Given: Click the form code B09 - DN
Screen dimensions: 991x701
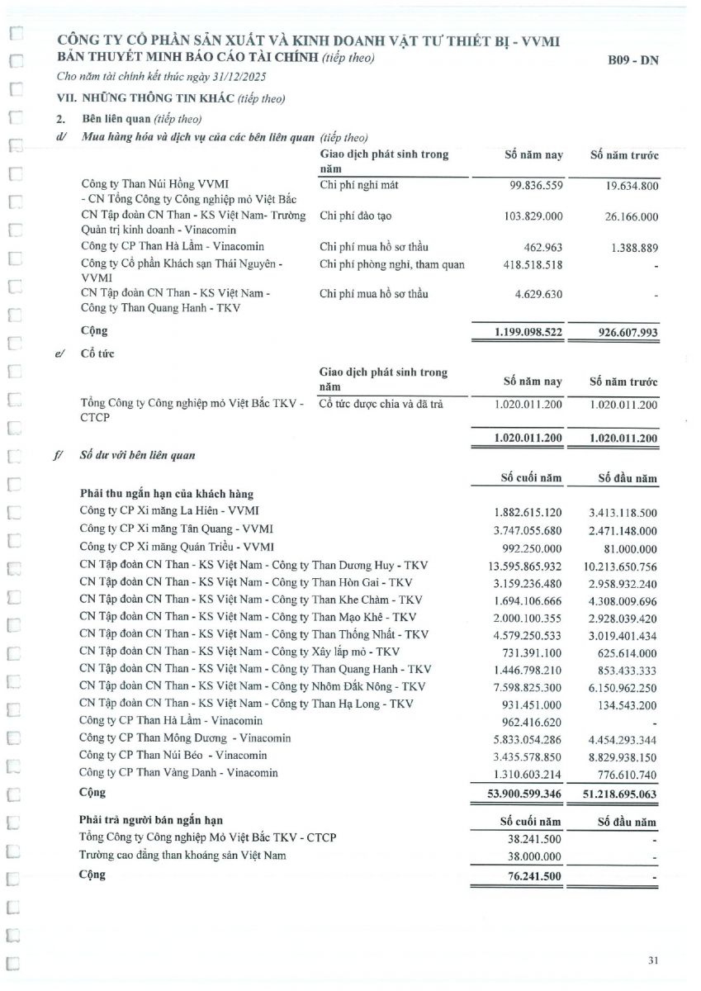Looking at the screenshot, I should (633, 59).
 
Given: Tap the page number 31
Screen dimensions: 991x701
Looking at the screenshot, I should (653, 960).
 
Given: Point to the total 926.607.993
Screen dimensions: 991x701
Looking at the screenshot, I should (623, 331).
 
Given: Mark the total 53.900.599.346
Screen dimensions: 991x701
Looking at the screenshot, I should (519, 794).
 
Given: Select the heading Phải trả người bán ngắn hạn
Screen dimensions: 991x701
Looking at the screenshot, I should (150, 820).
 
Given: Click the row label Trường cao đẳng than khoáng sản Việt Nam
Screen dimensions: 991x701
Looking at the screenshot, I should (182, 856).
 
